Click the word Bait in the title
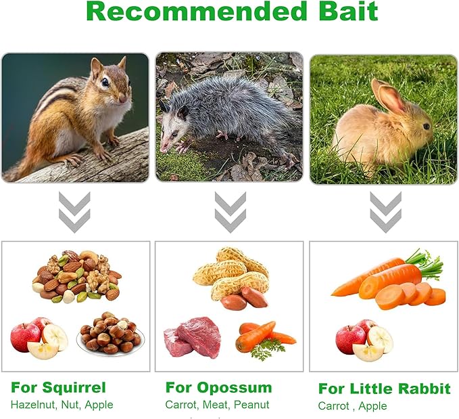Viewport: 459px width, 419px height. [x=348, y=11]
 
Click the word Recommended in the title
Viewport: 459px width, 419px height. [x=196, y=11]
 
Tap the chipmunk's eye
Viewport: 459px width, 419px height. [x=105, y=83]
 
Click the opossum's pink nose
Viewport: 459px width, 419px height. [x=163, y=147]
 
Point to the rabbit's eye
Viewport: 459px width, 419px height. [x=426, y=127]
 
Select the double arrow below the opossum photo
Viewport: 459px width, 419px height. [x=231, y=212]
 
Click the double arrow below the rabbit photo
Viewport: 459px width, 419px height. [x=385, y=212]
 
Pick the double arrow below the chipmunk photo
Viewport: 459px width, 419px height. [x=74, y=212]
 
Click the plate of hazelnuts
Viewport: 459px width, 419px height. [x=111, y=334]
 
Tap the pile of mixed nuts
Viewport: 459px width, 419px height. [x=76, y=276]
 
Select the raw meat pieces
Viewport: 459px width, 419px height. [x=193, y=337]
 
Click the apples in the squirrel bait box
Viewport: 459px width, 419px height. [x=39, y=338]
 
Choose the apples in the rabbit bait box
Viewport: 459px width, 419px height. [x=364, y=340]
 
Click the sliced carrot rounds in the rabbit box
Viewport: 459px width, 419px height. [x=410, y=296]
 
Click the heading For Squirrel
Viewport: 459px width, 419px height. [x=58, y=387]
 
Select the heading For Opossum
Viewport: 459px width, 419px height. [x=218, y=387]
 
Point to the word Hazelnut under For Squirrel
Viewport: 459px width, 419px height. [x=32, y=405]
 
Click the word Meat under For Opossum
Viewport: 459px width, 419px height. [x=215, y=405]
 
